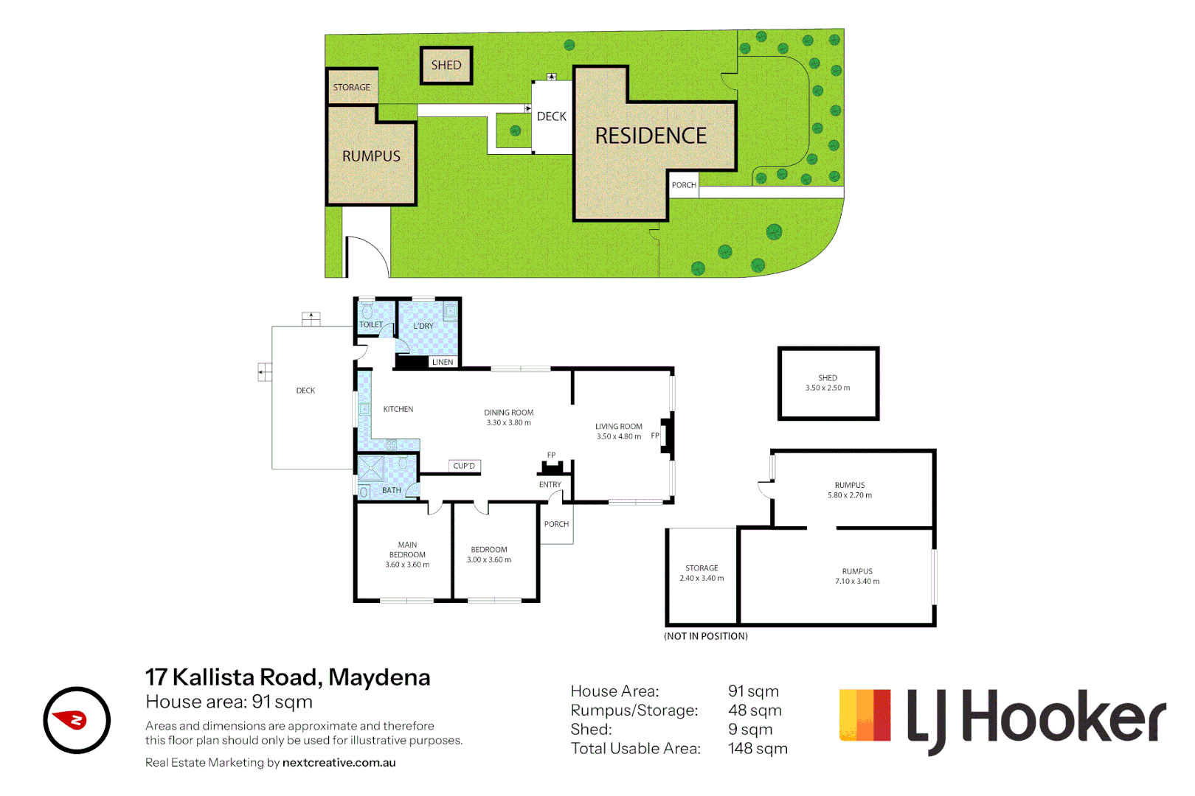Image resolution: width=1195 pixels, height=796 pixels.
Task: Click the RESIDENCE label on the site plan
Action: [x=651, y=136]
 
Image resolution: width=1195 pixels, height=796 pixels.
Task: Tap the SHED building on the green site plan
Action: [x=446, y=65]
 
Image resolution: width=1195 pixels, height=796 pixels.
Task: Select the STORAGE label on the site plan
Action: [x=351, y=87]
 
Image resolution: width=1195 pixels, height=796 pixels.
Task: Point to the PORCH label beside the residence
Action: [x=684, y=185]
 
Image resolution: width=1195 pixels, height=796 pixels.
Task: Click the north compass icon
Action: [x=77, y=720]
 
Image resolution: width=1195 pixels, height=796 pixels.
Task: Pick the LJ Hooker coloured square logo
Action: [x=865, y=715]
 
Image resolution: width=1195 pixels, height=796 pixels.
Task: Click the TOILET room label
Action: [x=371, y=324]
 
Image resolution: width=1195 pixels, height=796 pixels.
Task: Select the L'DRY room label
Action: [x=423, y=326]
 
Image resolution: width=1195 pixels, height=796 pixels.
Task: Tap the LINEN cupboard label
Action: [x=443, y=362]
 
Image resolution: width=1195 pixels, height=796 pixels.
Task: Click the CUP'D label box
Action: [x=465, y=466]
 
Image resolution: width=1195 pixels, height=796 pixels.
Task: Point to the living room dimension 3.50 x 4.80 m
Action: [x=619, y=436]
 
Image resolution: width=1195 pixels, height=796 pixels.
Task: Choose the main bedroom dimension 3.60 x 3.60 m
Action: [x=407, y=565]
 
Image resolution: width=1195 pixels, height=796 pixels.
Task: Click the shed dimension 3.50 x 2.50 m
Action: [x=828, y=388]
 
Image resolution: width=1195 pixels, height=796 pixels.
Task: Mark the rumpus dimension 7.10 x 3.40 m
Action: [x=857, y=582]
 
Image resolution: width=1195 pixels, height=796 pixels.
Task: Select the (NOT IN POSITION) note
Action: [x=706, y=636]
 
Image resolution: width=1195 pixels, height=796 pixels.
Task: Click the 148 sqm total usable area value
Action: [x=758, y=749]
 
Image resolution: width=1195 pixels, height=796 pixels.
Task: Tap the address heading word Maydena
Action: [x=379, y=677]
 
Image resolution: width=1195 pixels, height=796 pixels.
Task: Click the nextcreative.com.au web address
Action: [x=339, y=763]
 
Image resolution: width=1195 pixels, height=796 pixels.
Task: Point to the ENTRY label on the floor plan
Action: [x=550, y=485]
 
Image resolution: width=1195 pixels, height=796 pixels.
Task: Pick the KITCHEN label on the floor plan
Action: [x=398, y=409]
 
